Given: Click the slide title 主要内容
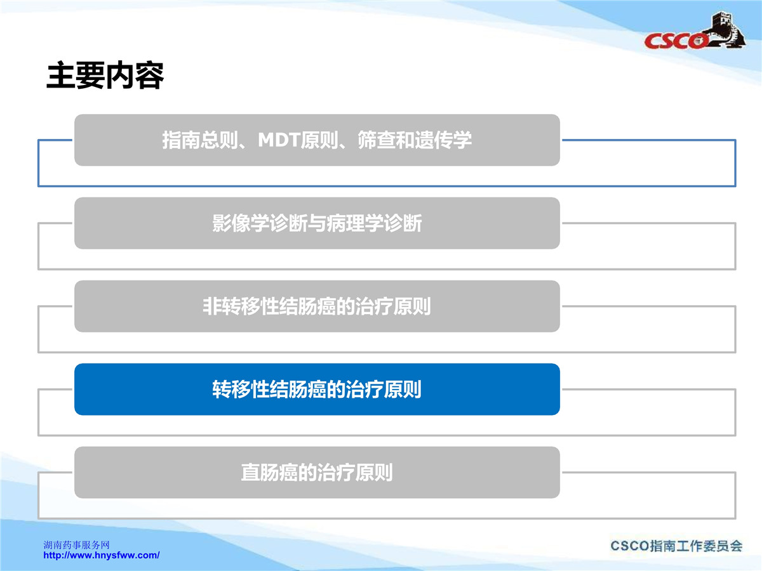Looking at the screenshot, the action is pyautogui.click(x=105, y=75).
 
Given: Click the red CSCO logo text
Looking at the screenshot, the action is pyautogui.click(x=676, y=41).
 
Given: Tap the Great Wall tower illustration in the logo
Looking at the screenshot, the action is pyautogui.click(x=726, y=29).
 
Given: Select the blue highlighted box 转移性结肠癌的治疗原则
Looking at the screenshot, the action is pyautogui.click(x=317, y=389).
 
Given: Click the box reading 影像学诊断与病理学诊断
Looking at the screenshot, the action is pyautogui.click(x=317, y=223).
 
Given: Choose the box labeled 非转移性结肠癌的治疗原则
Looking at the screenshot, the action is pyautogui.click(x=317, y=306).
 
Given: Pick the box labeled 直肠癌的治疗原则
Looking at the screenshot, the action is pyautogui.click(x=317, y=472).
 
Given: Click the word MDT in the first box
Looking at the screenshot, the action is pyautogui.click(x=279, y=140).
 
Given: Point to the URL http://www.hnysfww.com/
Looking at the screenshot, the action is pyautogui.click(x=102, y=555).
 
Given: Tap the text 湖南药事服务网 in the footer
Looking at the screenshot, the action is pyautogui.click(x=76, y=545).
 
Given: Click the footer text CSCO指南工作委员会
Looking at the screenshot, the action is pyautogui.click(x=676, y=546).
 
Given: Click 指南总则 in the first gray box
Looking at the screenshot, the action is pyautogui.click(x=200, y=140).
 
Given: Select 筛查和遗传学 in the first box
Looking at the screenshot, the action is pyautogui.click(x=415, y=140).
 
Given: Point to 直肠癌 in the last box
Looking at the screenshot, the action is pyautogui.click(x=269, y=472).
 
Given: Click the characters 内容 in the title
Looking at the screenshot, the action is pyautogui.click(x=135, y=75).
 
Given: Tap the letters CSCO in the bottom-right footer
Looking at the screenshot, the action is pyautogui.click(x=630, y=546).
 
